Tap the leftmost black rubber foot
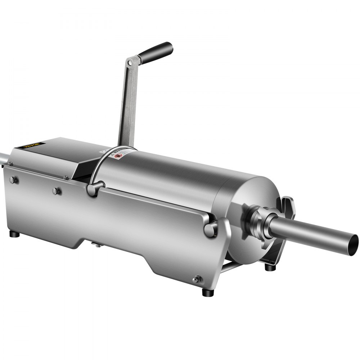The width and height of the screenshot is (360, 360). [x=14, y=234]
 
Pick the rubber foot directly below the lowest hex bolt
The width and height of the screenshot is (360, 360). [x=206, y=291]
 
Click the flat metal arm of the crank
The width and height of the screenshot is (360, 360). [x=126, y=104]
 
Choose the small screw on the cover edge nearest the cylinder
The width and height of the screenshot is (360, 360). [x=66, y=177]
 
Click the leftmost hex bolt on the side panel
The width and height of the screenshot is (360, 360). [x=13, y=179]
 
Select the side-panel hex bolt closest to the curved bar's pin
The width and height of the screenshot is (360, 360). [x=56, y=190]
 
